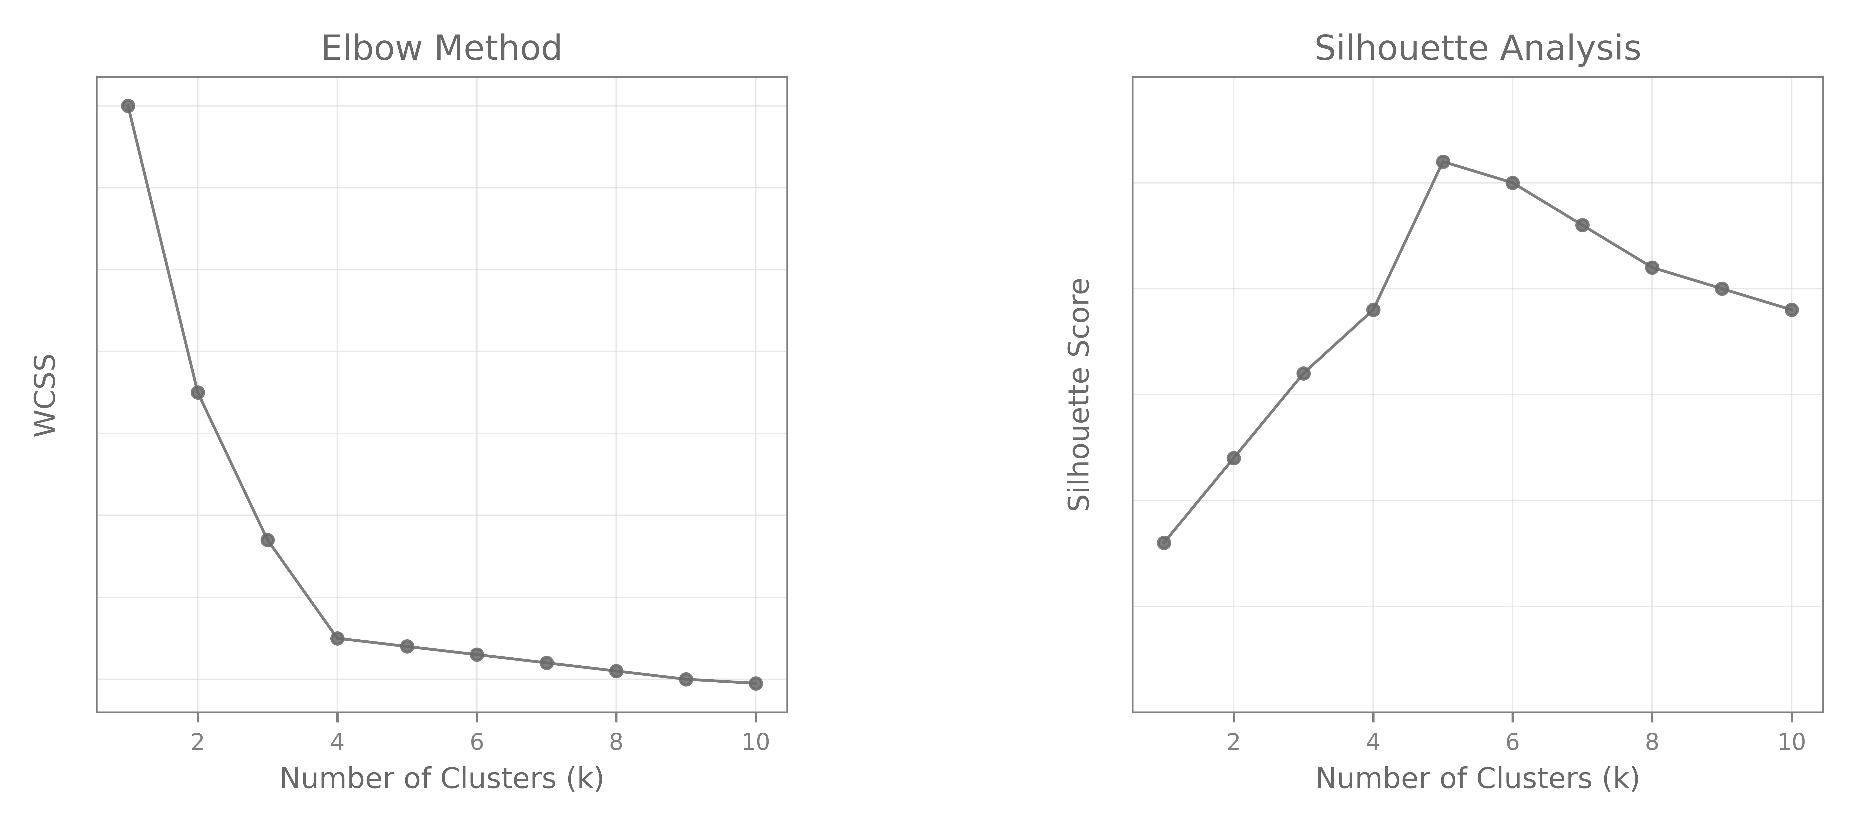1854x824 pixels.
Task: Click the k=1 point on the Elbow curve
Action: [x=128, y=106]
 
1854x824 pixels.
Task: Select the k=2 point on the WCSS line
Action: [x=198, y=392]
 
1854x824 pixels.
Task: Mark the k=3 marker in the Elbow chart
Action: [x=267, y=540]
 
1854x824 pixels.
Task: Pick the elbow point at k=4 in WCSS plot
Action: [x=337, y=638]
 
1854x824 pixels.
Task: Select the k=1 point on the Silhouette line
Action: [x=1164, y=543]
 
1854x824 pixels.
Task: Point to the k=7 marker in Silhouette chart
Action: [x=1582, y=225]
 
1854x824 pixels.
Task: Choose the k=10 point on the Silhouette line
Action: [x=1791, y=310]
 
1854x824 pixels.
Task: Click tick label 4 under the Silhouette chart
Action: [x=1373, y=742]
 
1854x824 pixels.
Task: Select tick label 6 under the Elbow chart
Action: [x=476, y=742]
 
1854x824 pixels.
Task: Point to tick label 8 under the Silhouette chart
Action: [x=1652, y=742]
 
